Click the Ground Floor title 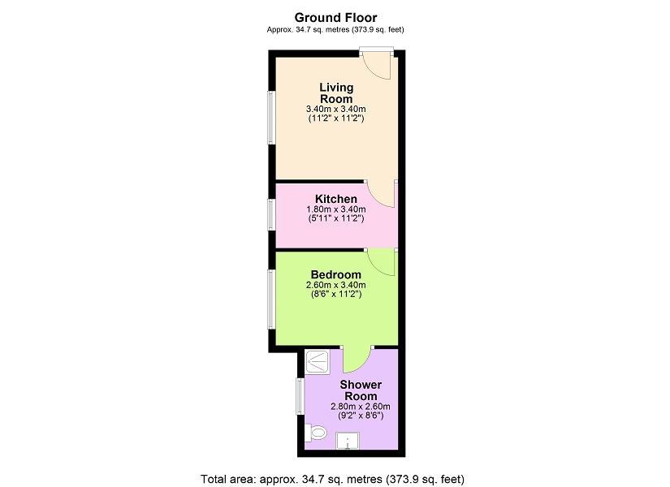(335, 18)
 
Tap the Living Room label (336, 93)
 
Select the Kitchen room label (336, 199)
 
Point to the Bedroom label (336, 274)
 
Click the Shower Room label (361, 390)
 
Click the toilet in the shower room (316, 433)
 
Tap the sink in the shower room (348, 441)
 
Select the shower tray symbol (317, 363)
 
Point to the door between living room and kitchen (380, 195)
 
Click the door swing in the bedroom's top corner (381, 262)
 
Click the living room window (271, 117)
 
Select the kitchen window (271, 214)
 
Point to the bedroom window (271, 299)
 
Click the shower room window (300, 396)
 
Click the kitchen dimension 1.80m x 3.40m (336, 209)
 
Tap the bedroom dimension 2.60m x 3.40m (336, 285)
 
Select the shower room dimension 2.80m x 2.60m (361, 407)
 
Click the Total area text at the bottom (332, 479)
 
